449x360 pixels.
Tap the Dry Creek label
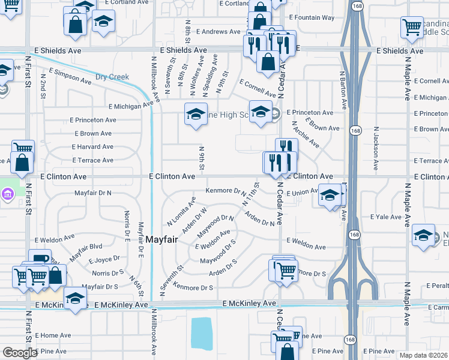click(112, 77)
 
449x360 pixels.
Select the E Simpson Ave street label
click(70, 76)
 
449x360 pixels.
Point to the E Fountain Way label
click(312, 17)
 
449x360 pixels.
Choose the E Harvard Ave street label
click(92, 146)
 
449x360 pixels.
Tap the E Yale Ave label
click(385, 217)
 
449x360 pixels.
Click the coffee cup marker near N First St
click(40, 259)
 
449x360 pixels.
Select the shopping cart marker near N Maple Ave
click(412, 26)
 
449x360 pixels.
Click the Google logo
click(19, 353)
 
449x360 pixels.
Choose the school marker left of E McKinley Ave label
click(75, 298)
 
